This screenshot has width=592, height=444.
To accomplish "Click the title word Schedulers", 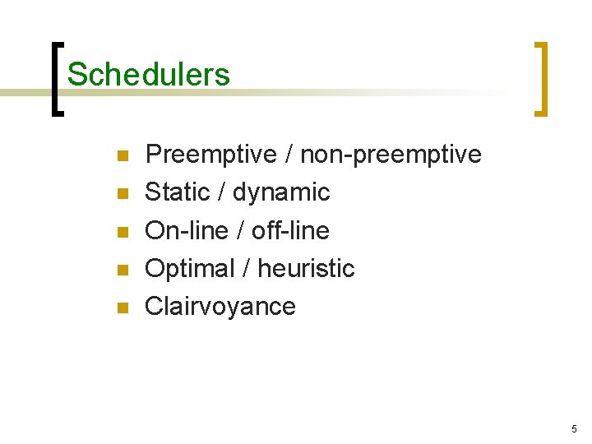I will click(x=148, y=75).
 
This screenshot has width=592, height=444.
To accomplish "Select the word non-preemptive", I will click(x=391, y=155).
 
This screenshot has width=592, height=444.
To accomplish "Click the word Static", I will click(x=178, y=192).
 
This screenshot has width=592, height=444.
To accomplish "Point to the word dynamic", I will click(x=281, y=193).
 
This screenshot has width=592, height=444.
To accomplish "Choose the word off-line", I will click(x=290, y=230).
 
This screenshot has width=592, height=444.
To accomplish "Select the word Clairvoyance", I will click(x=220, y=307).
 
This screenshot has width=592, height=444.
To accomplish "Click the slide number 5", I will click(x=574, y=428).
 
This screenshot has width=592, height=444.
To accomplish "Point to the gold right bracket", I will click(x=542, y=79).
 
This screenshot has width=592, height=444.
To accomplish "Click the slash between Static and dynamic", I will click(x=222, y=192).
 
